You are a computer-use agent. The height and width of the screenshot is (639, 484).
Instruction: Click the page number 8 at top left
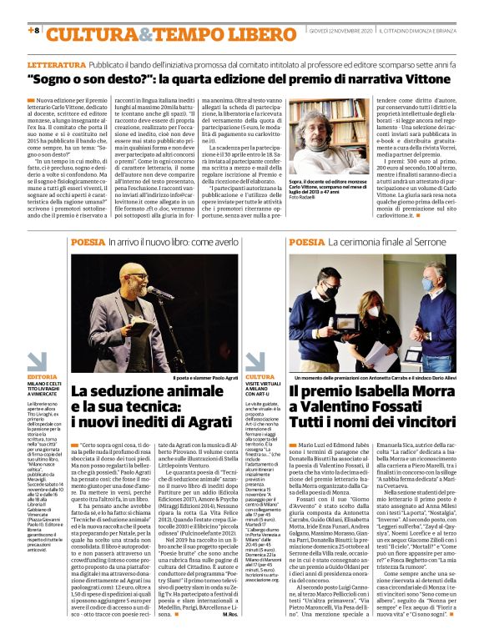[x=34, y=31]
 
